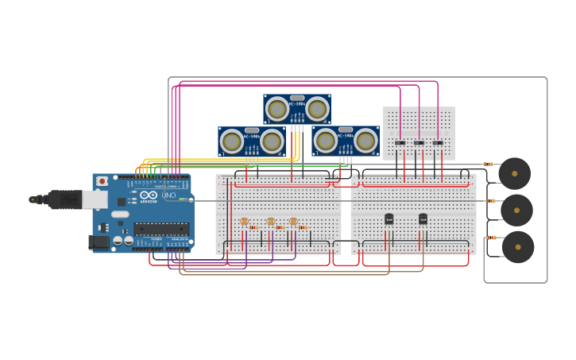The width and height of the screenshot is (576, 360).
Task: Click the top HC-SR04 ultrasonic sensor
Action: [x=297, y=109]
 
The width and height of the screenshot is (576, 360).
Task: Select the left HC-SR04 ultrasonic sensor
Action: [x=252, y=141]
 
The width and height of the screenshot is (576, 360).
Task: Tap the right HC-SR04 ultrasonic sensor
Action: [x=345, y=141]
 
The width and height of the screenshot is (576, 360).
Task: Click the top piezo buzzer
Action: [x=514, y=173]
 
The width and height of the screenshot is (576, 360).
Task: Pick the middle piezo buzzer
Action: [x=516, y=210]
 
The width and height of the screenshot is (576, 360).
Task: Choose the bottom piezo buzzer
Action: [x=518, y=246]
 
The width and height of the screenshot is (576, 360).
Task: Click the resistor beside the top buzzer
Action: [x=488, y=165]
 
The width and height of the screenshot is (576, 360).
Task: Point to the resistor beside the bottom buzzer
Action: [x=491, y=237]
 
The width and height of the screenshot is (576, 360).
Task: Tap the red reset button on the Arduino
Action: [x=102, y=181]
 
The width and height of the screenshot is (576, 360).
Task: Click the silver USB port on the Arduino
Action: [x=95, y=199]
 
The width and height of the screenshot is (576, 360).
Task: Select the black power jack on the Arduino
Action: [x=99, y=242]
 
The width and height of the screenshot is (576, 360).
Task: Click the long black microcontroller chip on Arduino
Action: [x=161, y=229]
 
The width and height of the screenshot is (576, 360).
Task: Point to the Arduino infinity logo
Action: [x=149, y=195]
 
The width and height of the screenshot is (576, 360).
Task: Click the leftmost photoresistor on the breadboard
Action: [x=244, y=222]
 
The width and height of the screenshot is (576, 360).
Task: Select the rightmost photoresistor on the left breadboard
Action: [x=293, y=222]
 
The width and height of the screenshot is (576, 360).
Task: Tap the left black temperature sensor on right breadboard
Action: [x=389, y=219]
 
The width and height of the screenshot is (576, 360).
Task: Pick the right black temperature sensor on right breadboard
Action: [x=423, y=219]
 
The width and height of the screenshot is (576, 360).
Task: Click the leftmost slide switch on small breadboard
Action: [x=400, y=143]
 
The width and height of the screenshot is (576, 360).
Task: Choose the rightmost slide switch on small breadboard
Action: [x=438, y=143]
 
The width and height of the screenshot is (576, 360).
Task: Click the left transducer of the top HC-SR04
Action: [x=277, y=109]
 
